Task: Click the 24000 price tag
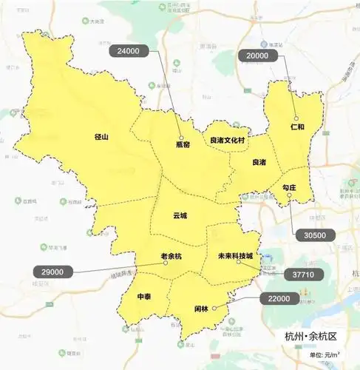click(129, 52)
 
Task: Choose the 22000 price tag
click(280, 298)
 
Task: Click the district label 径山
click(102, 137)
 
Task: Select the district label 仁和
click(298, 128)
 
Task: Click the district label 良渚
click(259, 162)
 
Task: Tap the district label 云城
click(180, 216)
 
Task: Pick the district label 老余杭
click(170, 256)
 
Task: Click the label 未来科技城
click(235, 256)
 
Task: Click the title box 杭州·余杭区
click(310, 337)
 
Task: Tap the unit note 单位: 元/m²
click(326, 356)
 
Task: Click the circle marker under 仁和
click(296, 118)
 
